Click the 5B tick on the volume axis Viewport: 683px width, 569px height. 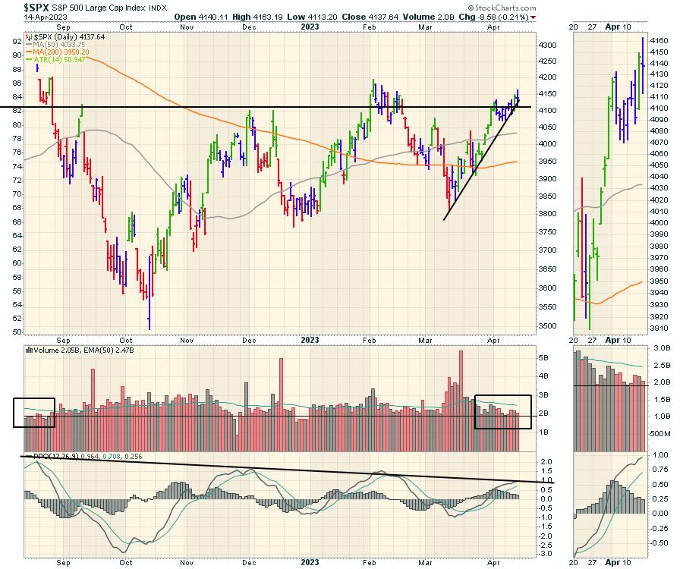[x=543, y=357]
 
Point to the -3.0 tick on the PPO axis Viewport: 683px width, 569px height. [x=544, y=555]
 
